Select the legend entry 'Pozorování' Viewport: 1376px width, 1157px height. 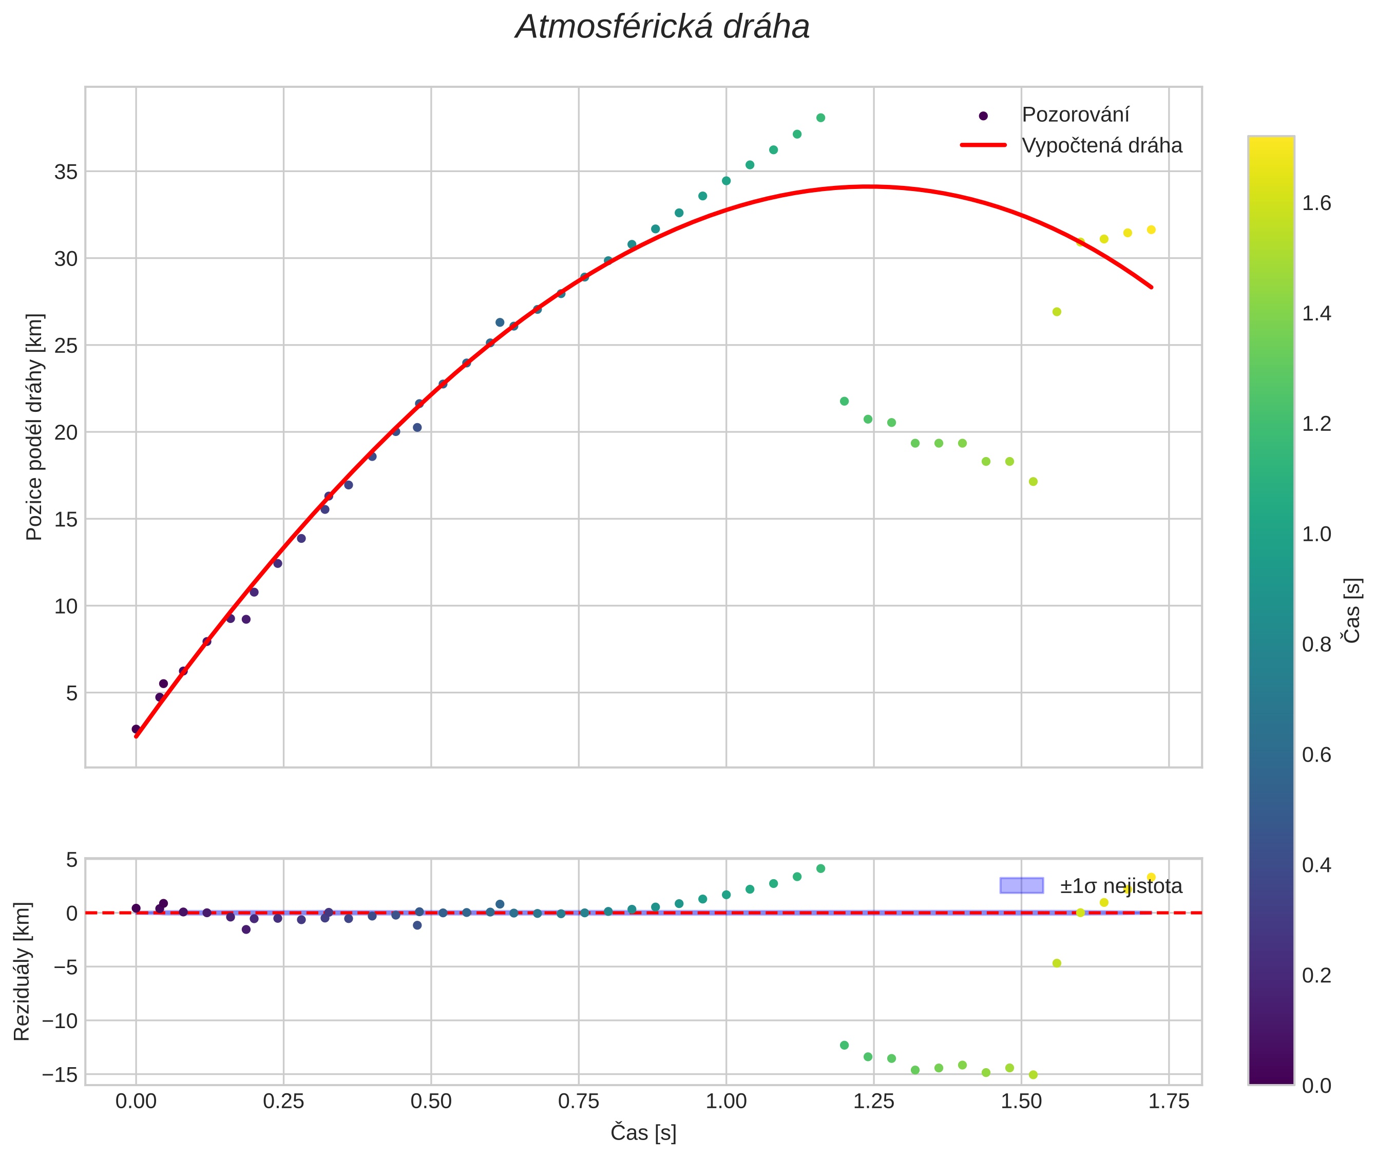pyautogui.click(x=1076, y=115)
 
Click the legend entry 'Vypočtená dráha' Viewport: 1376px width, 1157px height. pyautogui.click(x=1102, y=146)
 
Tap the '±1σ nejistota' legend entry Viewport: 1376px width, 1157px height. pyautogui.click(x=1121, y=886)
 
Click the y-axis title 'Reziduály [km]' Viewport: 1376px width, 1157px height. pyautogui.click(x=22, y=972)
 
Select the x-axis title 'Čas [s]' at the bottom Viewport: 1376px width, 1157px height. pyautogui.click(x=643, y=1132)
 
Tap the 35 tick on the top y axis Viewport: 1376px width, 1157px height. pyautogui.click(x=66, y=172)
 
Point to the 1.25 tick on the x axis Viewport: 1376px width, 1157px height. pyautogui.click(x=874, y=1101)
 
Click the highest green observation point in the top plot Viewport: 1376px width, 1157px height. pyautogui.click(x=820, y=118)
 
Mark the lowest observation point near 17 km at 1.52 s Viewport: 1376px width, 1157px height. pyautogui.click(x=1033, y=481)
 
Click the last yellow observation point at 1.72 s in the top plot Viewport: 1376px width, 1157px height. pyautogui.click(x=1151, y=230)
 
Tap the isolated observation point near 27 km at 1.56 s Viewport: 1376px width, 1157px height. pyautogui.click(x=1057, y=312)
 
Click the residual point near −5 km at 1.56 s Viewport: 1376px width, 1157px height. pyautogui.click(x=1057, y=963)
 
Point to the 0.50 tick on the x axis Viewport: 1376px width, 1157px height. pyautogui.click(x=431, y=1101)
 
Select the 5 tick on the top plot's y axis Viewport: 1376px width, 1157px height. pyautogui.click(x=71, y=693)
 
